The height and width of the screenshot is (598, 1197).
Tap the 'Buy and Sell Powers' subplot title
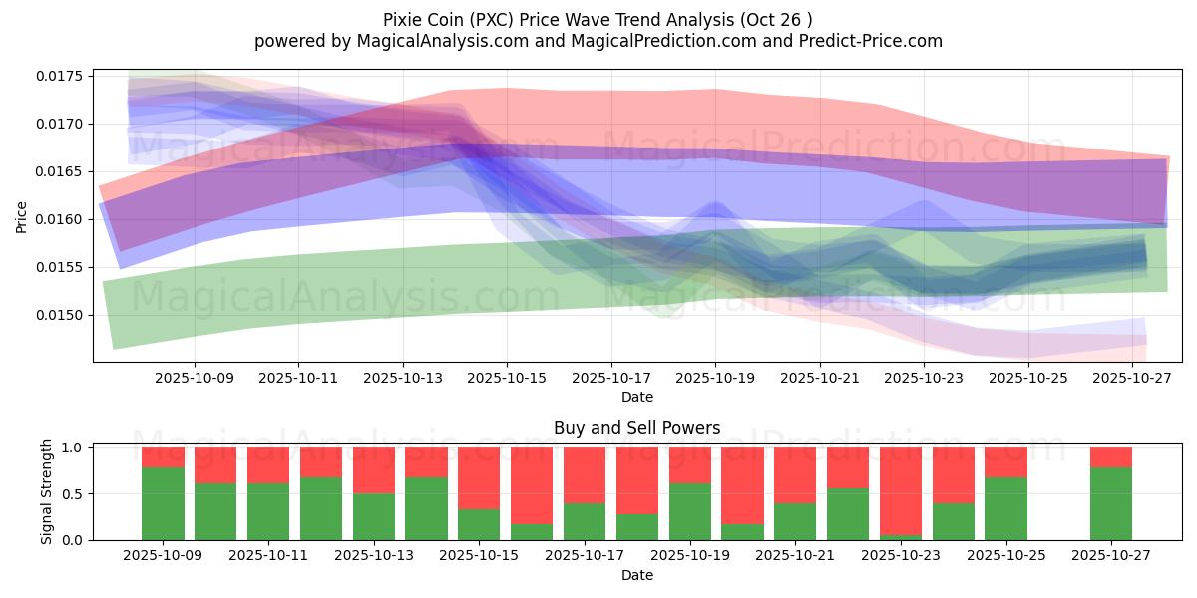(636, 428)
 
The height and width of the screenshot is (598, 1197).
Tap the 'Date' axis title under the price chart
(636, 397)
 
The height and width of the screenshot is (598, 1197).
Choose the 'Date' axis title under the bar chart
(636, 575)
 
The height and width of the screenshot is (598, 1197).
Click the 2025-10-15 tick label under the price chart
(507, 378)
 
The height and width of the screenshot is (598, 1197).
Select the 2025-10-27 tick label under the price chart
(1133, 378)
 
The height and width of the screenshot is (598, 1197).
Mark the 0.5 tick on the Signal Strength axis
(74, 493)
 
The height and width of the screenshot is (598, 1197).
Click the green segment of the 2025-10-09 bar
(163, 503)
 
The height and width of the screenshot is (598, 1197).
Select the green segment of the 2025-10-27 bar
(1111, 503)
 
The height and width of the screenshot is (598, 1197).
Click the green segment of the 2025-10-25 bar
(1005, 508)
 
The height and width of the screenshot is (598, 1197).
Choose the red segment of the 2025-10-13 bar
(374, 469)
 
